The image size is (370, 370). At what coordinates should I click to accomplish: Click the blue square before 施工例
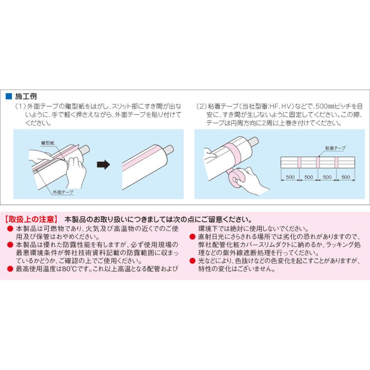click(x=8, y=97)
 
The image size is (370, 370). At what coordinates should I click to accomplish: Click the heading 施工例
click(x=25, y=97)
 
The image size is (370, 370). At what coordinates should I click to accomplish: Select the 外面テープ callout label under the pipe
click(x=63, y=192)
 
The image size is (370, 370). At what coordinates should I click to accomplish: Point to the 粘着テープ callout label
click(x=335, y=147)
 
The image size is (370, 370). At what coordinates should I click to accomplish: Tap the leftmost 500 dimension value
click(x=290, y=177)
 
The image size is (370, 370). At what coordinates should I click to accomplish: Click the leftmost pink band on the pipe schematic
click(x=299, y=162)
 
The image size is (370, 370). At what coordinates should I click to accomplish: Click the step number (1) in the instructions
click(x=20, y=106)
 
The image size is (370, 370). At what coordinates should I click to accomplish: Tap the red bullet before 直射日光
click(x=192, y=237)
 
